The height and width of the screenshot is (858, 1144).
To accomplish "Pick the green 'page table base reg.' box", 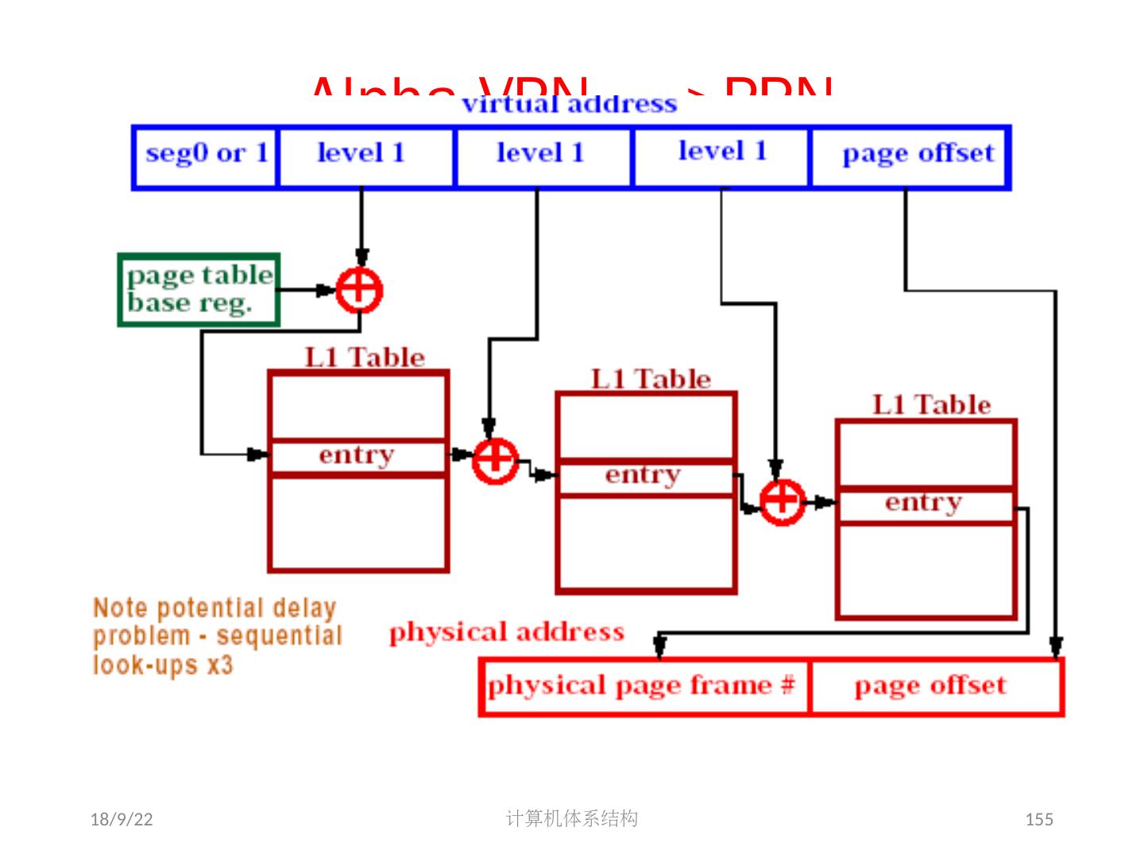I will pyautogui.click(x=199, y=289).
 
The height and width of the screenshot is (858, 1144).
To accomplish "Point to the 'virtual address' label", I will pyautogui.click(x=569, y=104).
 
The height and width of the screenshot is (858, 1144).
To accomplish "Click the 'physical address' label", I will pyautogui.click(x=506, y=632).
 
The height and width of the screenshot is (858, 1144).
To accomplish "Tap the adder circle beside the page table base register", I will pyautogui.click(x=359, y=290).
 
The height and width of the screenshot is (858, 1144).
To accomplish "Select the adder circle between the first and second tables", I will pyautogui.click(x=495, y=460).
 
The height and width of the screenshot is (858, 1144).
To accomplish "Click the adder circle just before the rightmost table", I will pyautogui.click(x=783, y=501).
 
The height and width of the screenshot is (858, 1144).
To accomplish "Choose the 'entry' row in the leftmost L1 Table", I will pyautogui.click(x=357, y=456).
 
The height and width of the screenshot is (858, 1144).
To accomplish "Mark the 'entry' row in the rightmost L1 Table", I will pyautogui.click(x=925, y=504).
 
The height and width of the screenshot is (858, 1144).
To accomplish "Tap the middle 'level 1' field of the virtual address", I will pyautogui.click(x=542, y=153).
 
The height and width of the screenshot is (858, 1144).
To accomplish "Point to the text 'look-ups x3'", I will pyautogui.click(x=163, y=664).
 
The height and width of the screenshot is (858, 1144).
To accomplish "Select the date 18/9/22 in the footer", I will pyautogui.click(x=122, y=819).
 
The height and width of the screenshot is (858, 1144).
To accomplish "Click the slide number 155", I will pyautogui.click(x=1039, y=819).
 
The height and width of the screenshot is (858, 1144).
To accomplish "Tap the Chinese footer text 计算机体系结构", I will pyautogui.click(x=571, y=818).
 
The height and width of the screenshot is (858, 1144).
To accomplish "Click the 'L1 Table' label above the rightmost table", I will pyautogui.click(x=931, y=405).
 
